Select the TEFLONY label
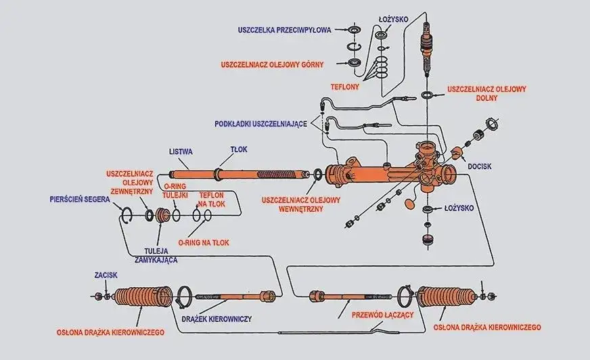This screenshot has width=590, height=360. [344, 87]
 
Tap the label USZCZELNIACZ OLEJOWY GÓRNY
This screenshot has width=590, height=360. [272, 64]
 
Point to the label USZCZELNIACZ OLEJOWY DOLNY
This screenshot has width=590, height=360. [486, 93]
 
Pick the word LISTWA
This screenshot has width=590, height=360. [181, 151]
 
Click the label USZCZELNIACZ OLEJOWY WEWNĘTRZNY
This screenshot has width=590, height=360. [301, 204]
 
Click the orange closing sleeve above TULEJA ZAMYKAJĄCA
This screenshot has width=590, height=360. [162, 216]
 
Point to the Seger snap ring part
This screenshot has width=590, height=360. [126, 216]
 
